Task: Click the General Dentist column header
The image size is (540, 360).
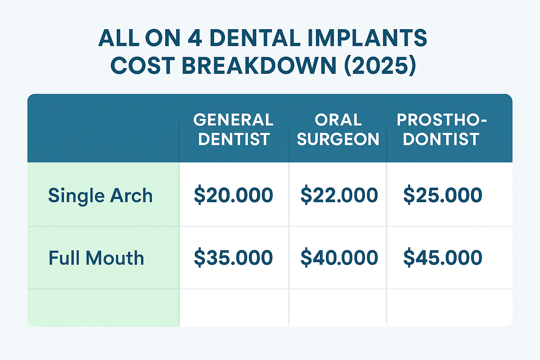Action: click(233, 129)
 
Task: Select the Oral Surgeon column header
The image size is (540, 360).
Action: click(338, 129)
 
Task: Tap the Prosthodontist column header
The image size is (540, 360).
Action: click(442, 129)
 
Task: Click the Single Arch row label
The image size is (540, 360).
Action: click(100, 195)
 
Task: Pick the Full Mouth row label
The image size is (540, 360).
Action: click(96, 258)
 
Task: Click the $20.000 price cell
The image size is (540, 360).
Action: click(233, 195)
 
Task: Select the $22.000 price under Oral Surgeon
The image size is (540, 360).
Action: click(339, 195)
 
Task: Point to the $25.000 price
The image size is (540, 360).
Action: click(443, 195)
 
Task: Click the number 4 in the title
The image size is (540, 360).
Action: click(195, 38)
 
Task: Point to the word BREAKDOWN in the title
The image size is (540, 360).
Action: click(259, 66)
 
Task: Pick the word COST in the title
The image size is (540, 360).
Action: click(143, 66)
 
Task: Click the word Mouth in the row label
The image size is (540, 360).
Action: click(115, 258)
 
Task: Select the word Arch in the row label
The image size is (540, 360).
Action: click(131, 195)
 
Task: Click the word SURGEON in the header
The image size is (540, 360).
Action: click(338, 139)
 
